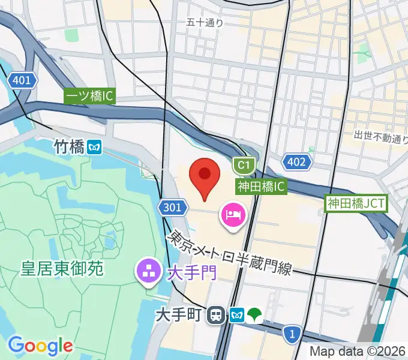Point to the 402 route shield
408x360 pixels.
point(296,161)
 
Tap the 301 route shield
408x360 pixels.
point(171,208)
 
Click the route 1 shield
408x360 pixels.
point(292,332)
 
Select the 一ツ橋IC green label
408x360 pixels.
point(89,95)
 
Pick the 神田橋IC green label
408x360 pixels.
point(261,187)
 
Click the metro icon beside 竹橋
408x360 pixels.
point(94,147)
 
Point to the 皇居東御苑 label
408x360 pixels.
point(60,268)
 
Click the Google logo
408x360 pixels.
point(40,345)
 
